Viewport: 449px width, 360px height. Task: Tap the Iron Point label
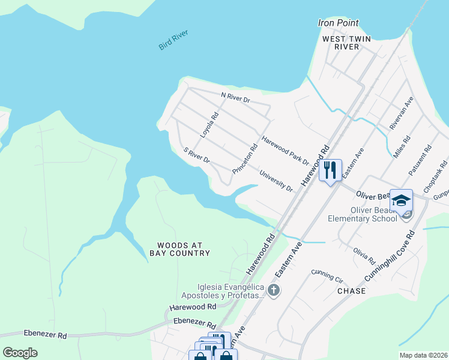click(x=338, y=23)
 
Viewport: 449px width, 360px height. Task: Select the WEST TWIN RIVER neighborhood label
click(x=346, y=43)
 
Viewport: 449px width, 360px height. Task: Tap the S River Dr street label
click(x=196, y=157)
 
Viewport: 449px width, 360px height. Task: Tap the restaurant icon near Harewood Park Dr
click(x=330, y=170)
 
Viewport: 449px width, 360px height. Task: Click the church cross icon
click(x=274, y=291)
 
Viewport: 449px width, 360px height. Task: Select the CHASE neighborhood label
click(x=351, y=290)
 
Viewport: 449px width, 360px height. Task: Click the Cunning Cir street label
click(x=327, y=275)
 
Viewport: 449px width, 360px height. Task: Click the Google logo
click(x=20, y=352)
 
